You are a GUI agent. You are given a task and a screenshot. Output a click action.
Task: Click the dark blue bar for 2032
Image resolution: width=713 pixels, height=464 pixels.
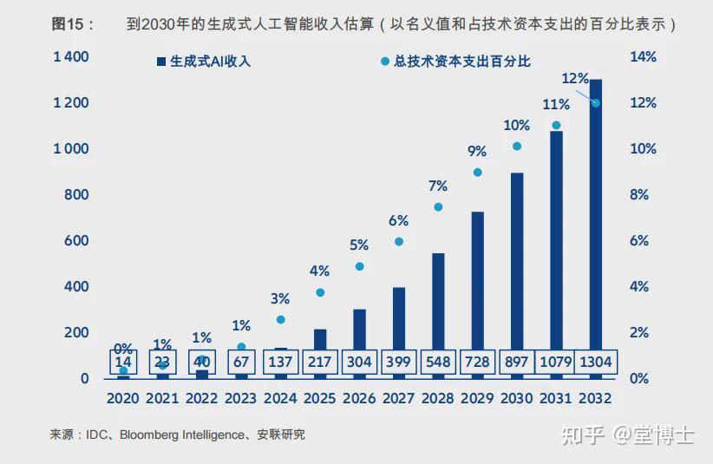(596, 217)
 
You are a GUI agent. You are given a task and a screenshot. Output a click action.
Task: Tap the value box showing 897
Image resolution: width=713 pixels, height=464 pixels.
(517, 361)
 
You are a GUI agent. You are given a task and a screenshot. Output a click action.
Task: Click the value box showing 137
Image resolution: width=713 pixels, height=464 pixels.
(280, 361)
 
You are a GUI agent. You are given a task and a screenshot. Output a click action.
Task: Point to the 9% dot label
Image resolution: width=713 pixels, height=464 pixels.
(477, 151)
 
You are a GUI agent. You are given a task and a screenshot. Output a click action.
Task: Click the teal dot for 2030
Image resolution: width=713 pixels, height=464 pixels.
(517, 147)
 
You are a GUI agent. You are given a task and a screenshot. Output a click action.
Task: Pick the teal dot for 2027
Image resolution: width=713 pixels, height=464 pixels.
(399, 241)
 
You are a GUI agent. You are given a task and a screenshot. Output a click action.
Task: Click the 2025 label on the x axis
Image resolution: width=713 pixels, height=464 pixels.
(319, 399)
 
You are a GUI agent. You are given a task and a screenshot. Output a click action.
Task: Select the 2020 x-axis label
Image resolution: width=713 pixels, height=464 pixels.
(122, 399)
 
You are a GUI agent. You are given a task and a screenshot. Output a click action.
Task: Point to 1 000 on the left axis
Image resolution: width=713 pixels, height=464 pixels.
(71, 149)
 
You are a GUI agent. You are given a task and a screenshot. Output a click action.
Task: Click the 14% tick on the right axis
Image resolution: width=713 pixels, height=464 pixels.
(643, 57)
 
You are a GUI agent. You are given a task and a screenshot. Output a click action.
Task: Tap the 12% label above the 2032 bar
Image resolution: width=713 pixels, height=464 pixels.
(575, 79)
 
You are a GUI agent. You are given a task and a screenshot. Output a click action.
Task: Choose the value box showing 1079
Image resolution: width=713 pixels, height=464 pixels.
(556, 361)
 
